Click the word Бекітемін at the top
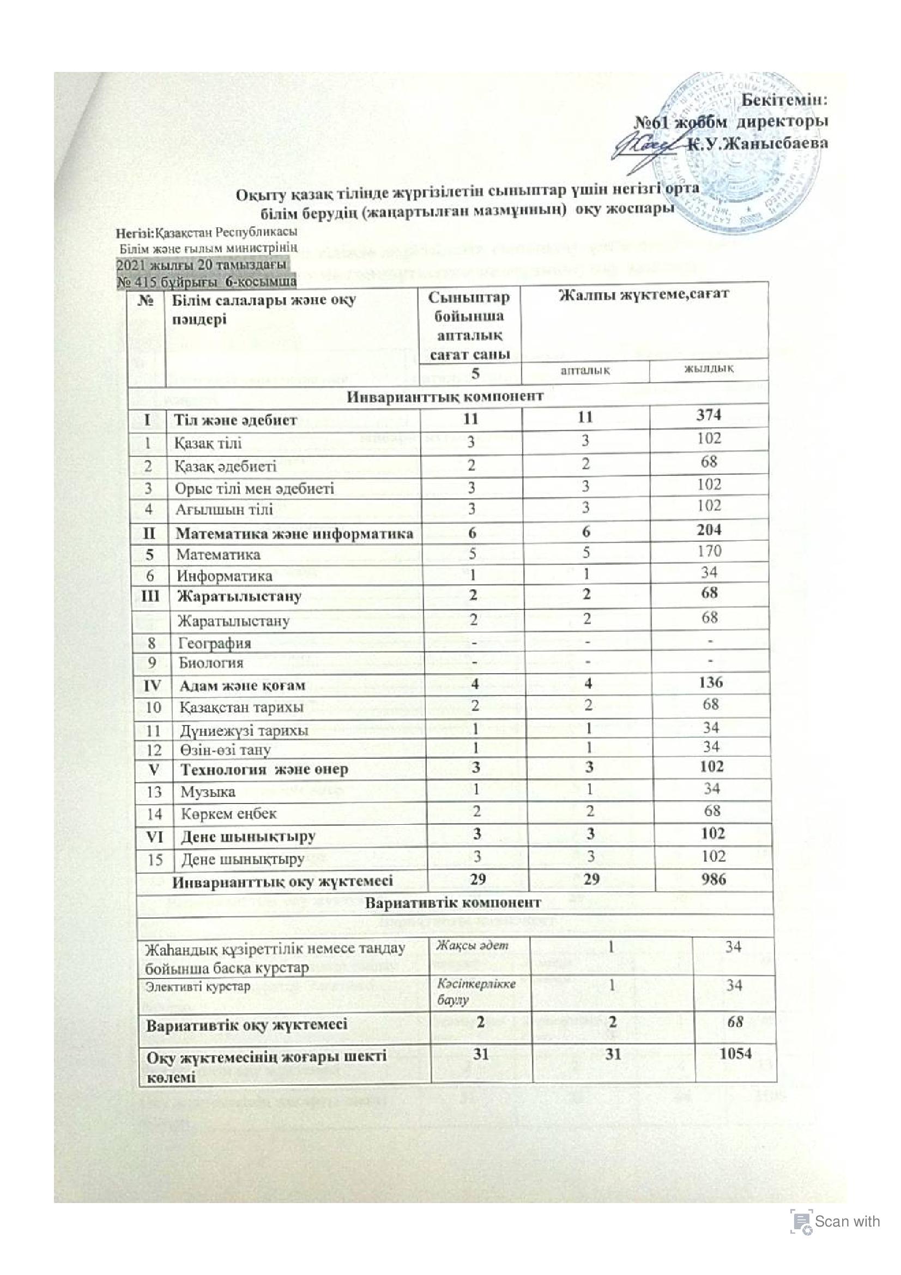point(785,101)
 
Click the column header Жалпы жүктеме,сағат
point(644,293)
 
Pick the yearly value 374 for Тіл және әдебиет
point(710,415)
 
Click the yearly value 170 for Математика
point(710,551)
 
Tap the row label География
point(214,643)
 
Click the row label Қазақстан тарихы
point(241,708)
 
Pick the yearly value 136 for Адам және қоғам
point(711,683)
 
